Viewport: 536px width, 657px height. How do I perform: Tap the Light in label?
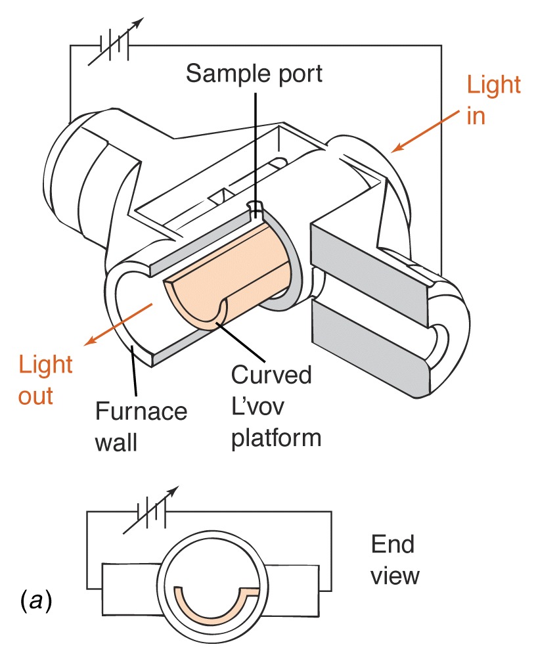(x=493, y=100)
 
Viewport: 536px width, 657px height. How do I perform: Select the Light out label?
(x=45, y=380)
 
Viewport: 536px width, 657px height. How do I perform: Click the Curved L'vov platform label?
(x=276, y=407)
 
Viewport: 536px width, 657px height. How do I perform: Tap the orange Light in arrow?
(x=426, y=131)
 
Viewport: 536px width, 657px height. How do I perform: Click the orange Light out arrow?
(x=119, y=325)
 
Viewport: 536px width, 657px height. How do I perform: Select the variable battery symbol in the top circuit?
(x=116, y=42)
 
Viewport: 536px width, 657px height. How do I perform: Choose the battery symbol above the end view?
(x=151, y=510)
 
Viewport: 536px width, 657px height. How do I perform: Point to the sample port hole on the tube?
(x=255, y=205)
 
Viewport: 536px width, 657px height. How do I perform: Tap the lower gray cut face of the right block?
(x=371, y=344)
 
